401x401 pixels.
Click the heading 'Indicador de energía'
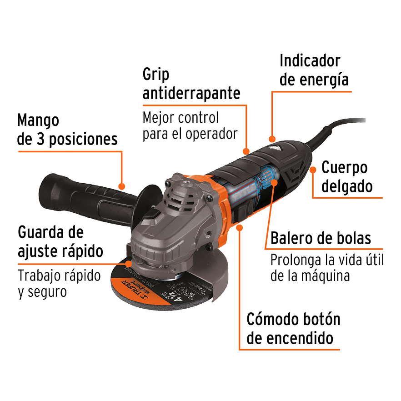point(314,70)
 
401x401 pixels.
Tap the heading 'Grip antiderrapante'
point(191,84)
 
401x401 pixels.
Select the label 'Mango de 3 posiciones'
point(67,130)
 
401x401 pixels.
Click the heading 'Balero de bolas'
point(321,238)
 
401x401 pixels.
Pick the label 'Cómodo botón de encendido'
point(293,329)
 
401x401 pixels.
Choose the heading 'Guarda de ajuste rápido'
point(60,241)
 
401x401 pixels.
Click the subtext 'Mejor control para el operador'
point(190,126)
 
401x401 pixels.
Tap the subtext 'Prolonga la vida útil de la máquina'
point(327,268)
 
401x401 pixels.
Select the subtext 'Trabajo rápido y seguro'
point(60,284)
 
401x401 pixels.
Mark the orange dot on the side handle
point(121,186)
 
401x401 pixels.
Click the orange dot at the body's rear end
point(313,170)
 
